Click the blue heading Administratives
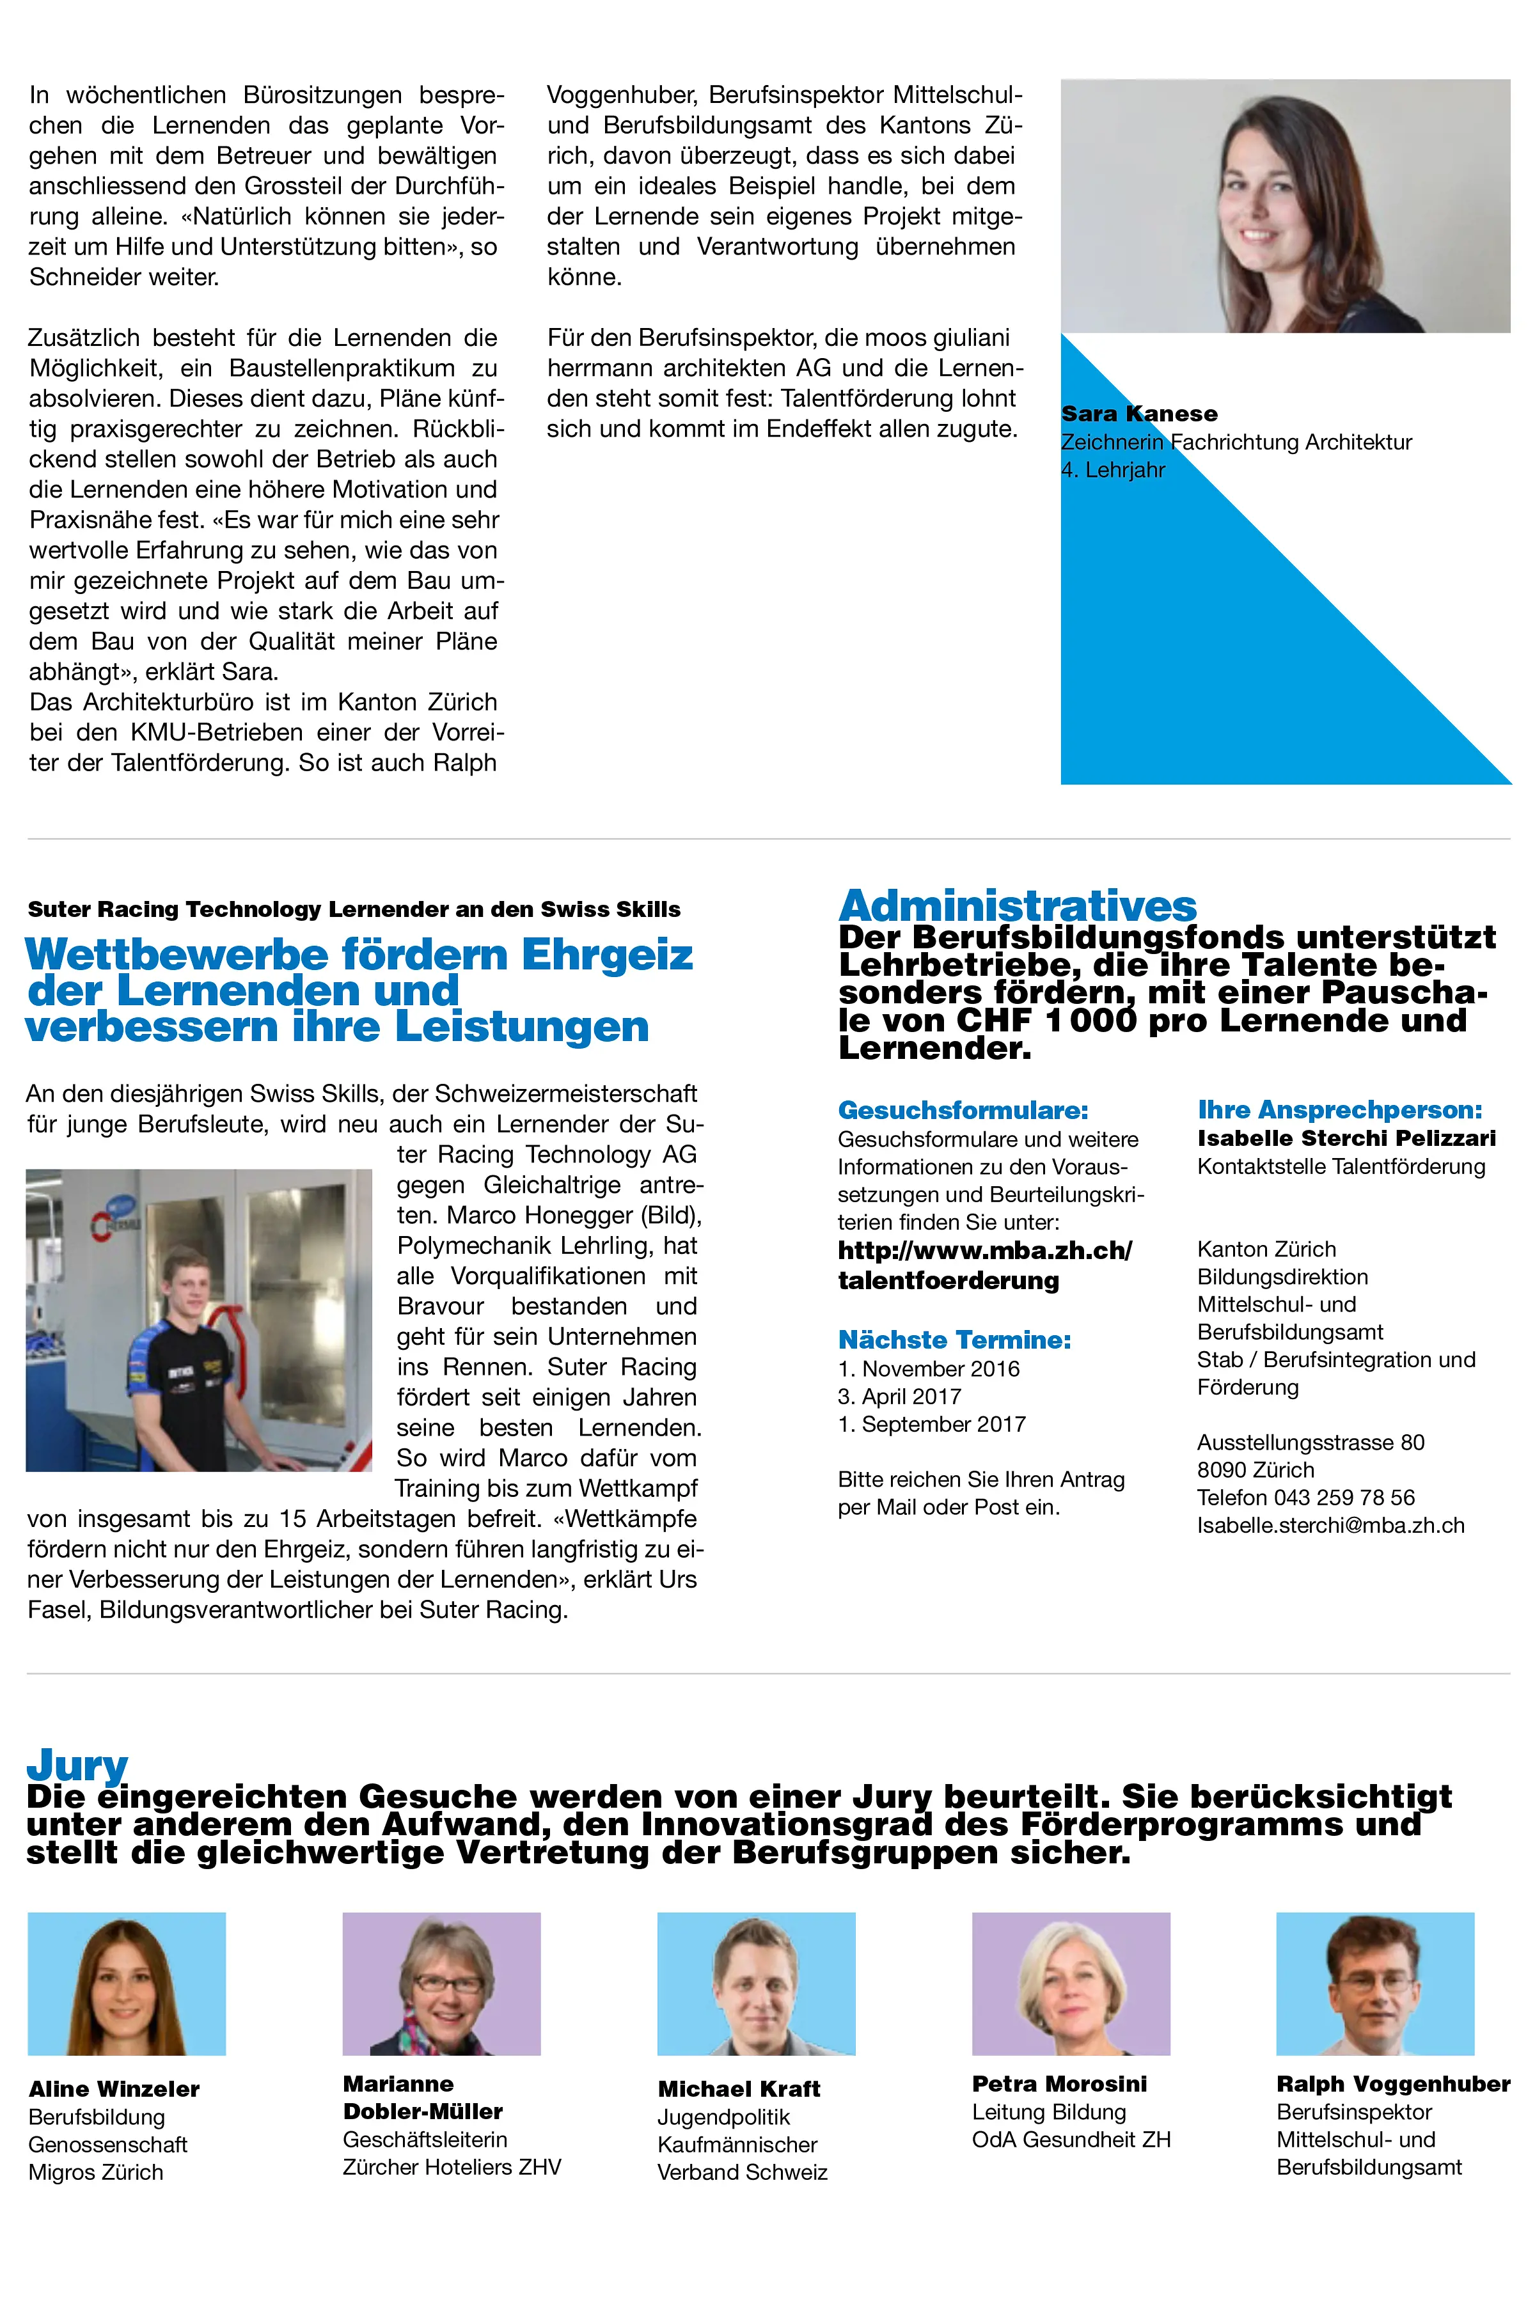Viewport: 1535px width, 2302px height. [1017, 905]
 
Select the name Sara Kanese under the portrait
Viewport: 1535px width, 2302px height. [1138, 414]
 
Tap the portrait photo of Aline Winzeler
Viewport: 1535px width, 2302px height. [126, 1983]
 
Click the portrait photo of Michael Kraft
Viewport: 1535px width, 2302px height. [756, 1983]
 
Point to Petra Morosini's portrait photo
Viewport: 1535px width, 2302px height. [1070, 1983]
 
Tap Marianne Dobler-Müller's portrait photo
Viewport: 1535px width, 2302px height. [441, 1983]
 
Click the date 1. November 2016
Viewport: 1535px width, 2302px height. [928, 1369]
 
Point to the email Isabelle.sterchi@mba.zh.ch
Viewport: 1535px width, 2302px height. [1330, 1525]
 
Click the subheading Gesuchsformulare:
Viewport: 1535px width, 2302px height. [963, 1111]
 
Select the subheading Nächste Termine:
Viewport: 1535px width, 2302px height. [954, 1340]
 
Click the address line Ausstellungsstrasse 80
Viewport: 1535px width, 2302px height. [1310, 1442]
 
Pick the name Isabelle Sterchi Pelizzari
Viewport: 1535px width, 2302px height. [1346, 1138]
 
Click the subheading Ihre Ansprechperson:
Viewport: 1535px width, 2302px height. [1339, 1110]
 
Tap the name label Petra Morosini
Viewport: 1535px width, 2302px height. [1059, 2084]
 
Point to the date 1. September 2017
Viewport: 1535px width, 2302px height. [931, 1424]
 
